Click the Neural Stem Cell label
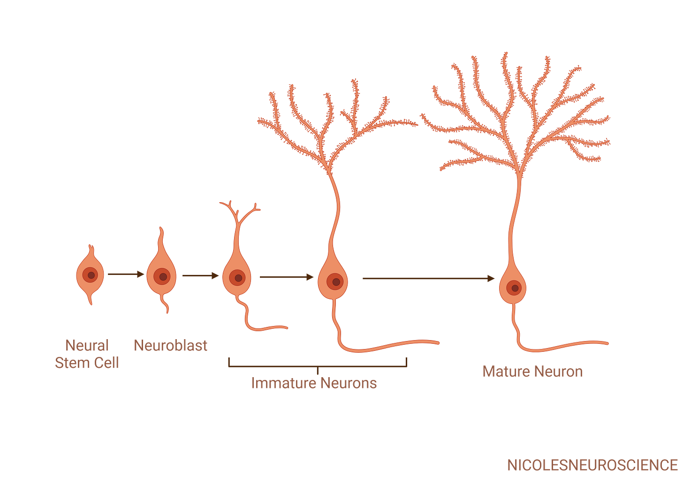pos(87,354)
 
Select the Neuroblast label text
pos(171,345)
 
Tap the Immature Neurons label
pos(314,383)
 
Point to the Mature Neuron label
pos(532,372)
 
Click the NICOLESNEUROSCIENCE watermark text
pos(592,465)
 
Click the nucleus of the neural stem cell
pos(91,275)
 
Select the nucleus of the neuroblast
pos(162,276)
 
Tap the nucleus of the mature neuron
pos(515,288)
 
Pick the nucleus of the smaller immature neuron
pos(238,278)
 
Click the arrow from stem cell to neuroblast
pos(126,275)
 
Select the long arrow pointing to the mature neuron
pos(428,279)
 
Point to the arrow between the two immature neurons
pos(286,278)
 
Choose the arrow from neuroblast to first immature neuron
pos(200,276)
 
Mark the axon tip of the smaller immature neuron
pos(287,327)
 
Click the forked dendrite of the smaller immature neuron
pos(240,211)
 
